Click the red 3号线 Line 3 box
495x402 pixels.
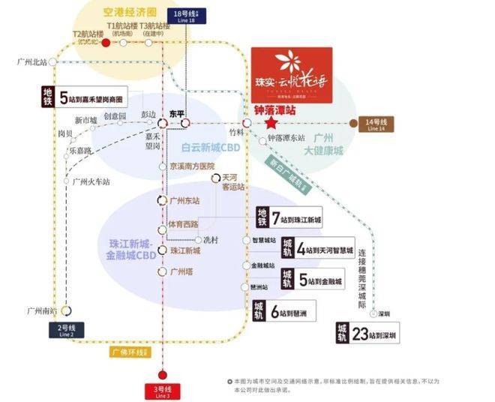pyautogui.click(x=163, y=391)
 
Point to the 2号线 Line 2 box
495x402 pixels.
pyautogui.click(x=66, y=329)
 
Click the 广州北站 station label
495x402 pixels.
pyautogui.click(x=31, y=61)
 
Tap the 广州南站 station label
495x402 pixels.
pyautogui.click(x=43, y=310)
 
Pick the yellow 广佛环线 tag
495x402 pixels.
pyautogui.click(x=125, y=351)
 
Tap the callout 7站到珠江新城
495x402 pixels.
pyautogui.click(x=295, y=219)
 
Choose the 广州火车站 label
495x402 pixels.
pyautogui.click(x=91, y=181)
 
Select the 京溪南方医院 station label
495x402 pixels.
pyautogui.click(x=192, y=166)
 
